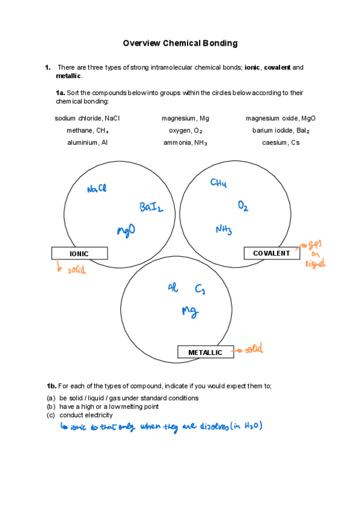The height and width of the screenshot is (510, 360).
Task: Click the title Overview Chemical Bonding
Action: (180, 43)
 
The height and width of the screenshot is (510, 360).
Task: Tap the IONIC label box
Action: (79, 253)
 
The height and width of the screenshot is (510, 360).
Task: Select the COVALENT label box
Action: (271, 253)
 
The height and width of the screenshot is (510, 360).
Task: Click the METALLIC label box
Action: (205, 352)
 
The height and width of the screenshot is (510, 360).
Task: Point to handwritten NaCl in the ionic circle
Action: (96, 189)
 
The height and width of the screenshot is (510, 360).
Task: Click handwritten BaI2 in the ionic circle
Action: (151, 207)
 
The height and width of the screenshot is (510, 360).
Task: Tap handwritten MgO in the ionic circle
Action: (126, 230)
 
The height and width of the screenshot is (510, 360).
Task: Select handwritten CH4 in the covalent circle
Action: (218, 183)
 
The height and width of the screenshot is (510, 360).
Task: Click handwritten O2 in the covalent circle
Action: (243, 206)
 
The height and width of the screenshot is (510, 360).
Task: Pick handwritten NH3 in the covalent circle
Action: (224, 229)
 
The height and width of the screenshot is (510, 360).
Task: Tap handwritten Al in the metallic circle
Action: (172, 288)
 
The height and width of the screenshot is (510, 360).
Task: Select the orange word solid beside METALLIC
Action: (252, 349)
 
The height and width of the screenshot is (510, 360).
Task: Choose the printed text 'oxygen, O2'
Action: (186, 131)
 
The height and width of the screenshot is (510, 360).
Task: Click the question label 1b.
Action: (51, 385)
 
